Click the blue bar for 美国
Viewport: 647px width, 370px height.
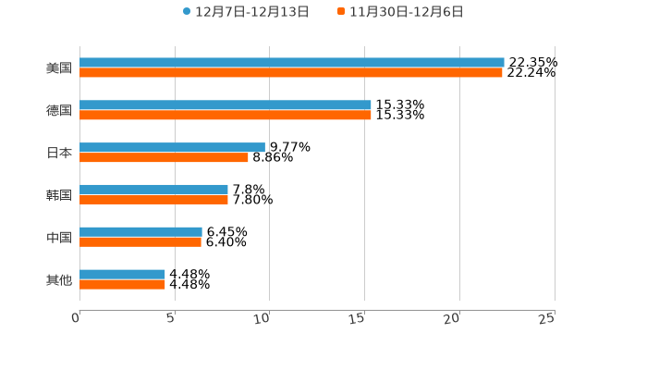coord(292,63)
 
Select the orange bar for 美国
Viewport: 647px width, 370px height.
coord(291,73)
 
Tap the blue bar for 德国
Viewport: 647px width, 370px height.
coord(226,105)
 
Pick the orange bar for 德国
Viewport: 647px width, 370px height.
coord(226,116)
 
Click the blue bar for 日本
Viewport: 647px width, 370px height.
coord(172,147)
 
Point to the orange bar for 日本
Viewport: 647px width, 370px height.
coord(164,158)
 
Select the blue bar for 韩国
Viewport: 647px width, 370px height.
coord(153,190)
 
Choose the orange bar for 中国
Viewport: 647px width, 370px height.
coord(140,242)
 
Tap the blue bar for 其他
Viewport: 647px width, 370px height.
coord(122,275)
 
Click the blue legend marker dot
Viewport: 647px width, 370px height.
coord(187,12)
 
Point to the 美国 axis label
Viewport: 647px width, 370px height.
coord(59,68)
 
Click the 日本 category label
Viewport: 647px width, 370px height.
coord(59,153)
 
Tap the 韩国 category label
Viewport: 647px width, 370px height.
coord(59,195)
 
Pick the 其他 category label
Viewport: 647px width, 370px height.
coord(59,279)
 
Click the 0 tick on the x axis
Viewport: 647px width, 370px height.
coord(77,318)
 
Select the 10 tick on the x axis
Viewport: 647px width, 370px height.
coord(262,318)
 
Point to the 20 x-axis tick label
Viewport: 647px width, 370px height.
coord(452,318)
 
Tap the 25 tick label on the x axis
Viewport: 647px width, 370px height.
coord(547,318)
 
